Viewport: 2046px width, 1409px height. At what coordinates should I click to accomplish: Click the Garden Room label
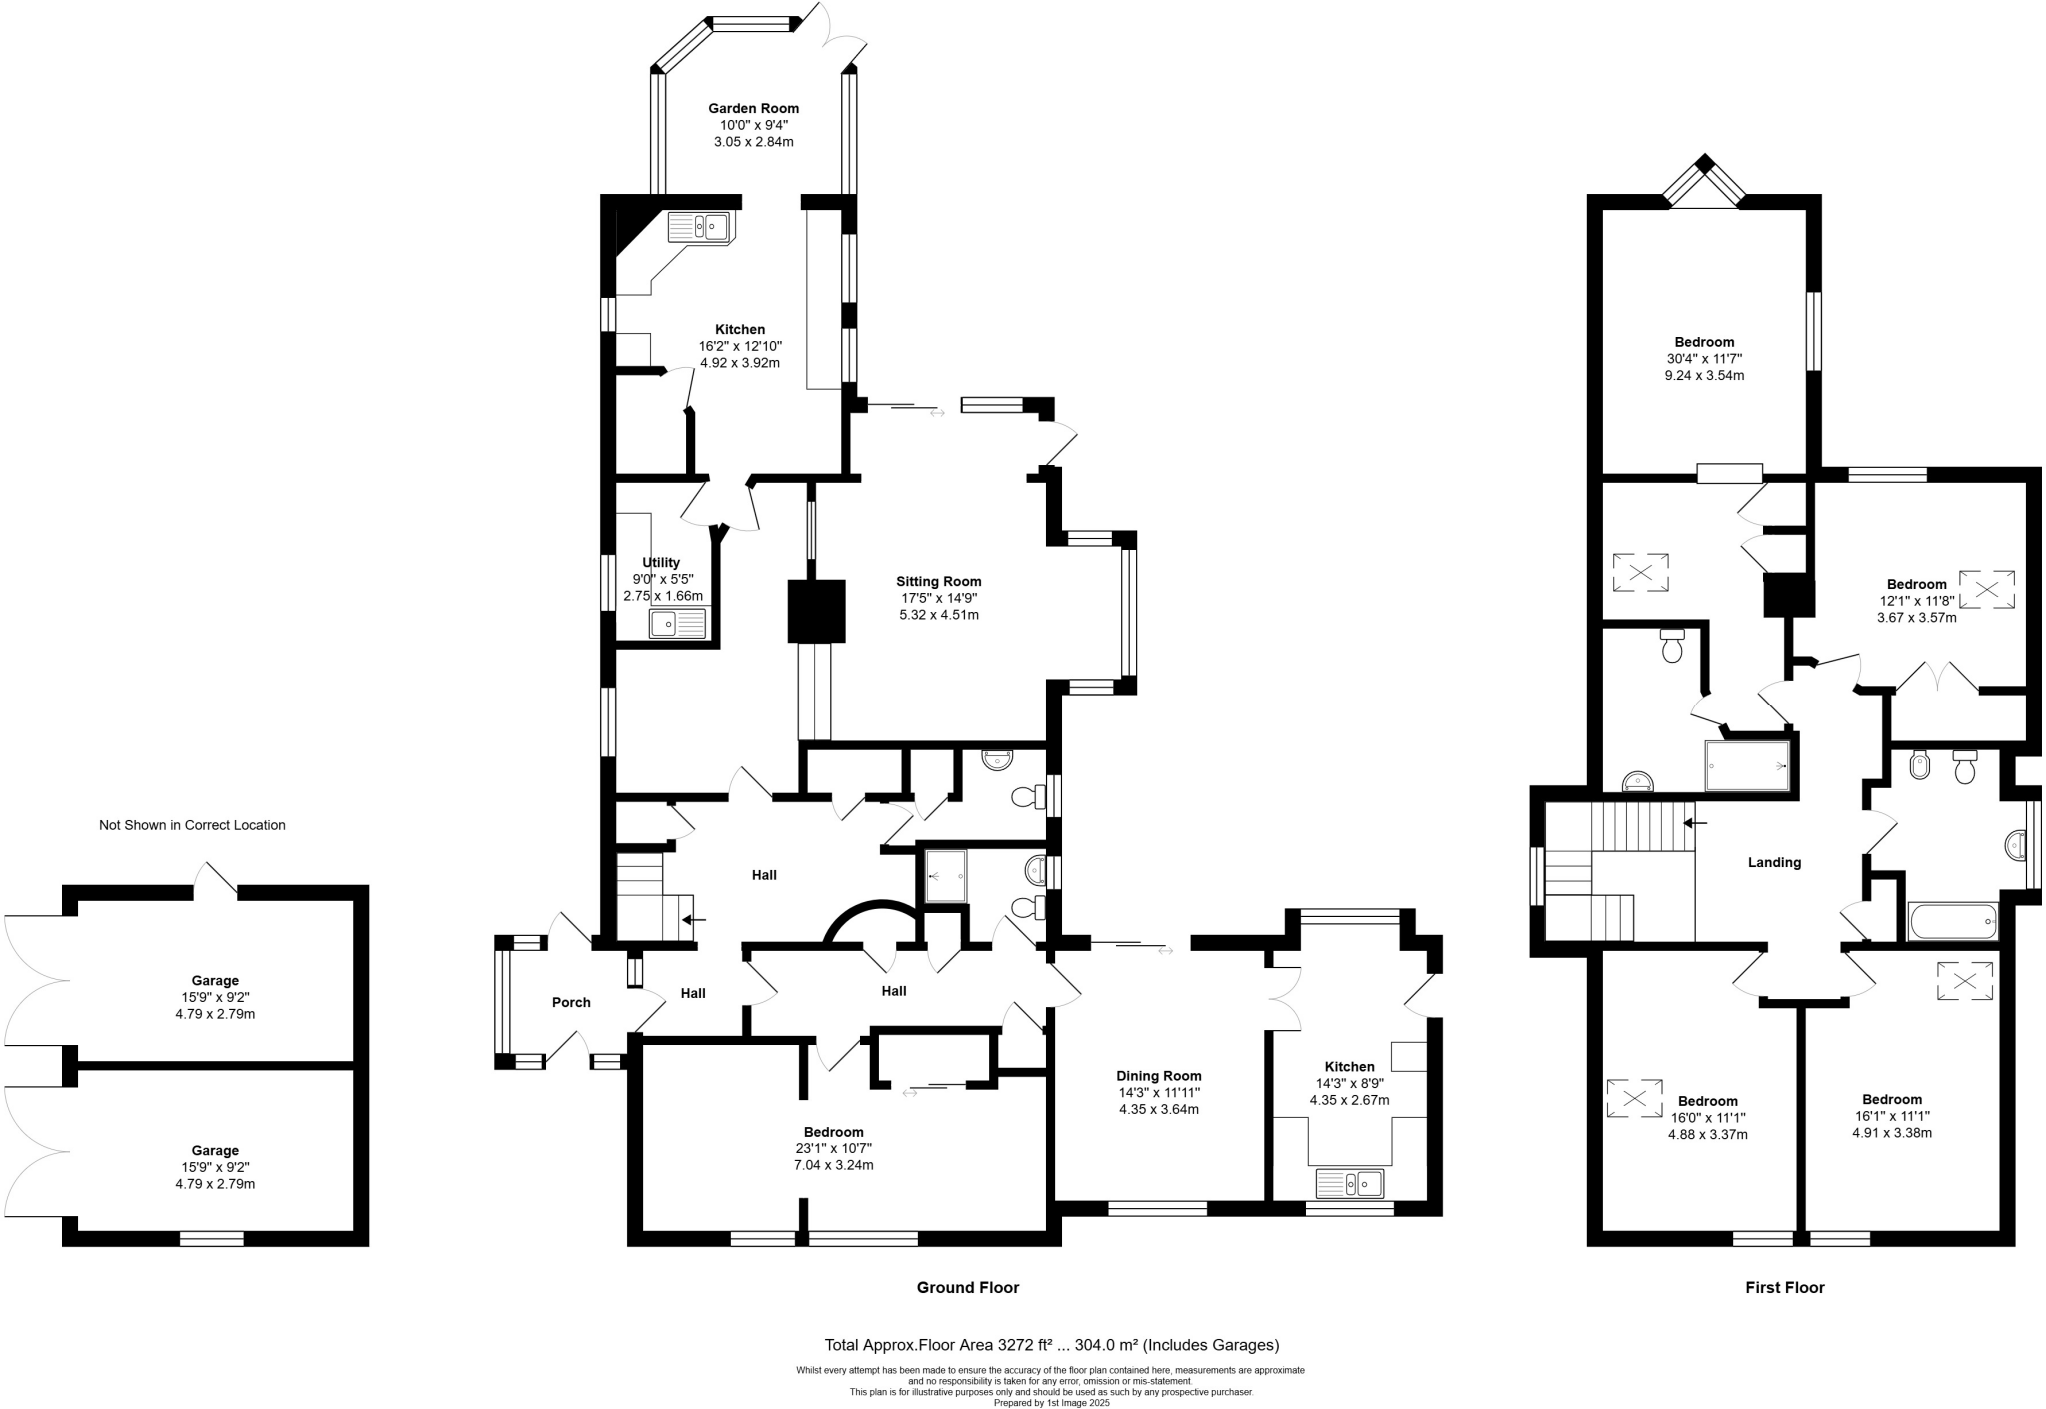click(x=753, y=108)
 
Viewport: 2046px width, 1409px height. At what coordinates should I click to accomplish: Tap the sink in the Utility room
click(x=677, y=624)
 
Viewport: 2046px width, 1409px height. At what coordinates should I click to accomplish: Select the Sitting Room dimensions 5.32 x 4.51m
click(x=938, y=615)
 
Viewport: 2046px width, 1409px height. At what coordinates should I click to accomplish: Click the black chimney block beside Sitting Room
click(x=817, y=610)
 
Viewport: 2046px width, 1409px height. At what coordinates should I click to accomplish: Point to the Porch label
click(x=571, y=1002)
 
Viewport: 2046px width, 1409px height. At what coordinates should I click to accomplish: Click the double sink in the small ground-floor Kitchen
click(x=1349, y=1184)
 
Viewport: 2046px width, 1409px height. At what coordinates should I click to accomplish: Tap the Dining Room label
click(x=1158, y=1076)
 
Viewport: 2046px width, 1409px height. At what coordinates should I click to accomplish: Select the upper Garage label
click(x=215, y=980)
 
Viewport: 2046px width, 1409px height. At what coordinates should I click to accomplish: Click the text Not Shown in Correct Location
click(x=192, y=825)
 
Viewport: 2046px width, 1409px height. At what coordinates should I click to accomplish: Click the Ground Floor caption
click(x=967, y=1287)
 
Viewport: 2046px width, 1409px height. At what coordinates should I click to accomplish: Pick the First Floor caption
click(x=1784, y=1287)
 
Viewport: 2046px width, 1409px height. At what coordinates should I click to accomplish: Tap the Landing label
click(x=1774, y=862)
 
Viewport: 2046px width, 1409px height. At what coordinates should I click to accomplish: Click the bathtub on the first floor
click(x=1952, y=920)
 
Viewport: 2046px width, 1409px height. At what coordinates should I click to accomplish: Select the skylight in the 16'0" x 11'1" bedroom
click(x=1634, y=1098)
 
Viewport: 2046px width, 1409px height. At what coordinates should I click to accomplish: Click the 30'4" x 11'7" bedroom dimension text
click(x=1704, y=358)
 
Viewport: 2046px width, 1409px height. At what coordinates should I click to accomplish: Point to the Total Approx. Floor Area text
click(x=1051, y=1345)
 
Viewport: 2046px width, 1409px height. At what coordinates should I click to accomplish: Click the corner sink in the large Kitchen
click(x=701, y=228)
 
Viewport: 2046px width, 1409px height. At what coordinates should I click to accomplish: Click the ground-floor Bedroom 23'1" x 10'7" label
click(x=833, y=1132)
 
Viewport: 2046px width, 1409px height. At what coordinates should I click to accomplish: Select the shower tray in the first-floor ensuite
click(x=1746, y=765)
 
